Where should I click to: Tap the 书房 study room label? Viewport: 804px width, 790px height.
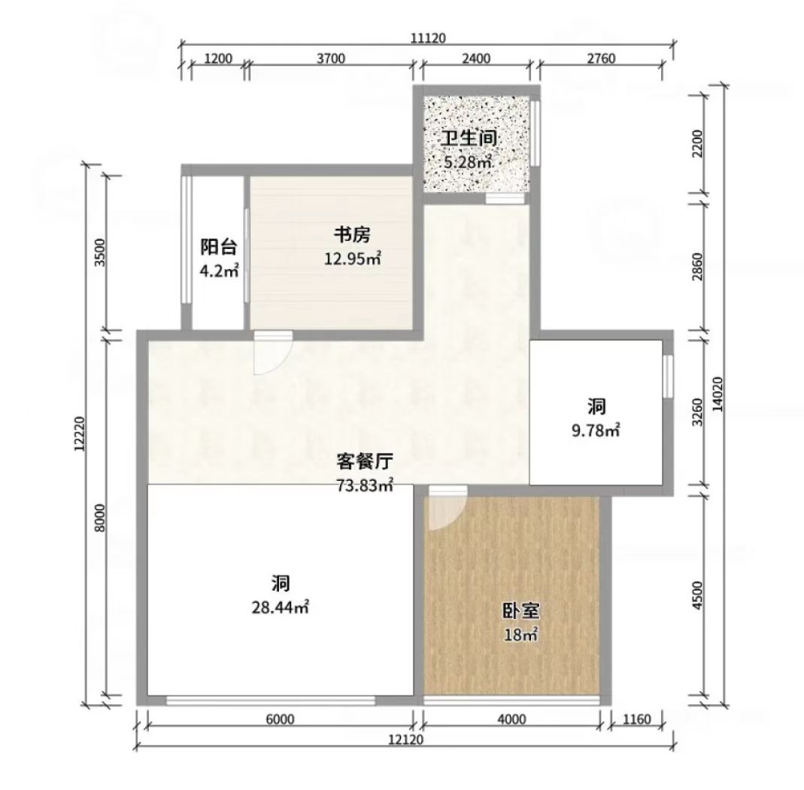[352, 235]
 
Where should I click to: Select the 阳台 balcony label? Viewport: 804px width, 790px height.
[218, 248]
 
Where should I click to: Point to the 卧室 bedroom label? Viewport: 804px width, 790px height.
[520, 611]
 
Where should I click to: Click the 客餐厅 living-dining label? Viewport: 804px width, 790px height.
[365, 462]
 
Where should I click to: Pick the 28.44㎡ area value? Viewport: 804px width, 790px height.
[280, 608]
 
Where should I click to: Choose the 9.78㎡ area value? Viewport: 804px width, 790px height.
[596, 431]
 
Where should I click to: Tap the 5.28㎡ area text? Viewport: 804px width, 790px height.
[468, 163]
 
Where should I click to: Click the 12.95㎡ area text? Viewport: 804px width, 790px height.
[352, 259]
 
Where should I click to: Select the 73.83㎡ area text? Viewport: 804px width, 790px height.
[365, 485]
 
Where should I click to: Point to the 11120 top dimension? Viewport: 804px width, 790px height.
[429, 38]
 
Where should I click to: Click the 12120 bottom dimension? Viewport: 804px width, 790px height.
[405, 739]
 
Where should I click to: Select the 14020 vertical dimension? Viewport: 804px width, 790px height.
[718, 394]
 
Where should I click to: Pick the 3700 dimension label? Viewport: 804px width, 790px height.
[331, 59]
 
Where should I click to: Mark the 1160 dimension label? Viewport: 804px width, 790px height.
[636, 720]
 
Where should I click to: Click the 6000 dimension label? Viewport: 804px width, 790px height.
[281, 720]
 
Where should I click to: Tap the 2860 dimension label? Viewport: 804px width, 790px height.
[697, 267]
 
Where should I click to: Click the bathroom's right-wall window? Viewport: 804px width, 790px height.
[535, 133]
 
